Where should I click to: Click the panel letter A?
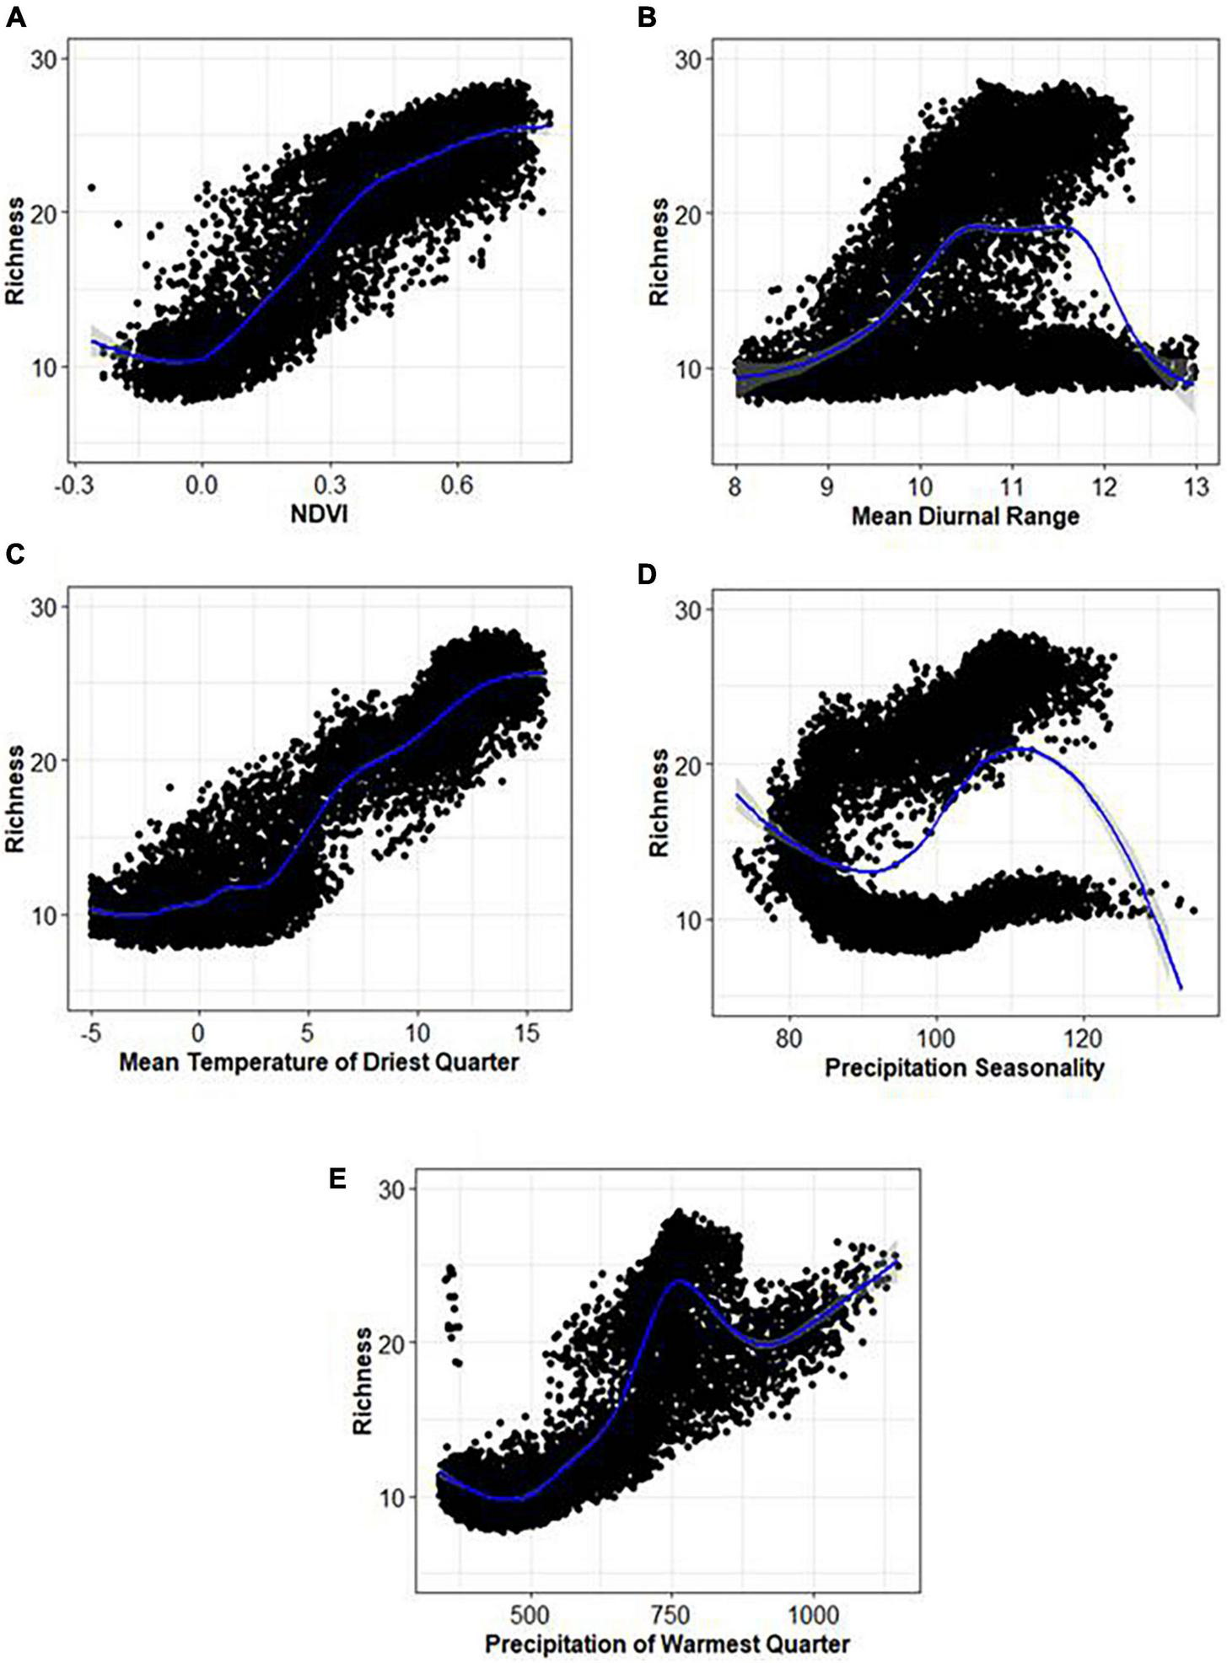15,16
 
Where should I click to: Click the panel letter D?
647,574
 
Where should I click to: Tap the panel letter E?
337,1178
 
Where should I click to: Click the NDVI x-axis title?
319,513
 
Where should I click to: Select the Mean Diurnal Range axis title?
965,515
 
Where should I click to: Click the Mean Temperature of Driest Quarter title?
319,1061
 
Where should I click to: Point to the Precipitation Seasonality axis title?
964,1068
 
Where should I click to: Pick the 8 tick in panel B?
735,488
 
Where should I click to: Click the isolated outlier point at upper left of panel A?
91,187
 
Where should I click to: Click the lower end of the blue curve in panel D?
1180,988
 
